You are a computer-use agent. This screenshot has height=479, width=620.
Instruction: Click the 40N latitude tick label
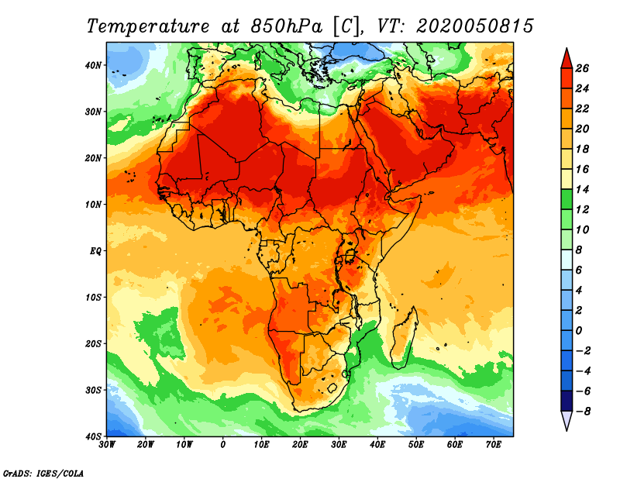pos(93,65)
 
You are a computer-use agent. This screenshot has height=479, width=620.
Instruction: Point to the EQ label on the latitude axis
pos(94,250)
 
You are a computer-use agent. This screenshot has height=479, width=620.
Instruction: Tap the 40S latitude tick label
pos(93,436)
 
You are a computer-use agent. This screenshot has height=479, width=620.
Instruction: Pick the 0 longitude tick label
pos(223,444)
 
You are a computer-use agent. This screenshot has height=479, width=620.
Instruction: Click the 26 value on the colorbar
pos(583,68)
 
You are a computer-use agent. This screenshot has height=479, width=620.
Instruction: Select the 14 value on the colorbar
pos(583,189)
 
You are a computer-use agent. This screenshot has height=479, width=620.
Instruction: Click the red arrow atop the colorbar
pos(567,57)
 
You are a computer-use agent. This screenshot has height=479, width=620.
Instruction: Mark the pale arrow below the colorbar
pos(567,421)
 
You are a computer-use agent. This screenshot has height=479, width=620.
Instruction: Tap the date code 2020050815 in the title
pos(474,26)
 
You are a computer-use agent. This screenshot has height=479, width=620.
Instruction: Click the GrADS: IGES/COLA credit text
pos(43,472)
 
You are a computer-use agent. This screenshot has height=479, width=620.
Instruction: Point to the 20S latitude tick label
pos(93,343)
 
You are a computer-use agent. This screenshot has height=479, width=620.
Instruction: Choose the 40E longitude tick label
pos(377,444)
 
